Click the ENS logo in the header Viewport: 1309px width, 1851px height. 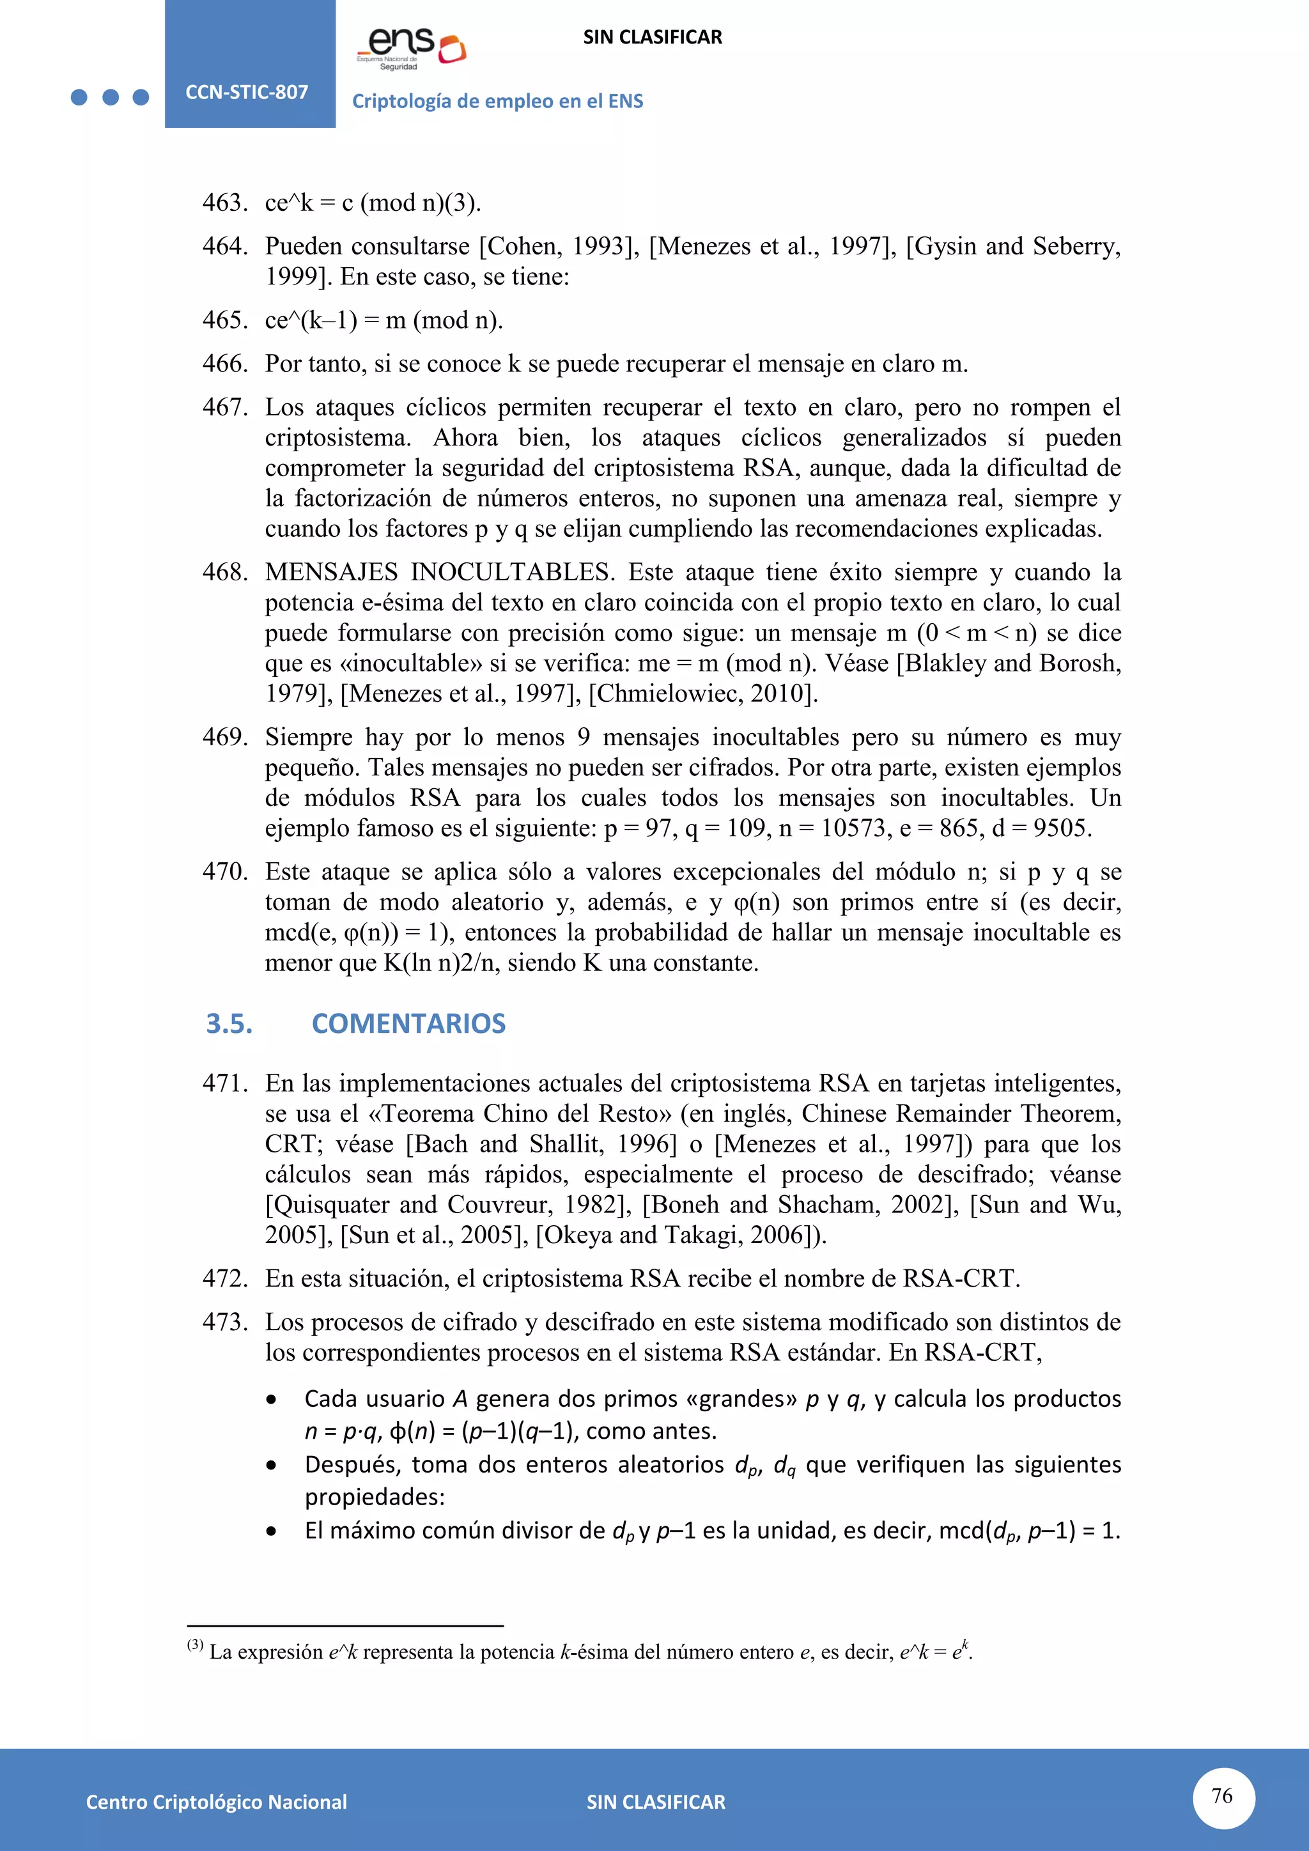tap(411, 47)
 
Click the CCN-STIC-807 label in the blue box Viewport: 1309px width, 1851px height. tap(247, 92)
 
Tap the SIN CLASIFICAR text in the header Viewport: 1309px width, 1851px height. tap(652, 37)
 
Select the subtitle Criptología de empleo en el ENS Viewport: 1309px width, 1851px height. tap(497, 101)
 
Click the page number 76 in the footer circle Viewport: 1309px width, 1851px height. tap(1222, 1795)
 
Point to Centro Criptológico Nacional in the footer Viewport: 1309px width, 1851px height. tap(216, 1802)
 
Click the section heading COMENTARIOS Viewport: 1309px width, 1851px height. tap(408, 1023)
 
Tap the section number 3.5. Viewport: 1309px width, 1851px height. tap(229, 1023)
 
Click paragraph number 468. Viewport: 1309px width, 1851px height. tap(224, 571)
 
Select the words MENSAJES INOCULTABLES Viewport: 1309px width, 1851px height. tap(439, 571)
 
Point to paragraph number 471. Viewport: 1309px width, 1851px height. tap(224, 1083)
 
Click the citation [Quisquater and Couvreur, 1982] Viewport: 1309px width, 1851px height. tap(448, 1204)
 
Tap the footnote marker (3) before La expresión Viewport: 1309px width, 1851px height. tap(195, 1645)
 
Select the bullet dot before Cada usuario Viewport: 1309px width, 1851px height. tap(272, 1400)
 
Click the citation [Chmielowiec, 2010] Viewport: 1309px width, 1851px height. tap(703, 693)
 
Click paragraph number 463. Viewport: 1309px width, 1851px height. tap(224, 203)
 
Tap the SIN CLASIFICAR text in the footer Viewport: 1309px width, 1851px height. tap(655, 1802)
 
